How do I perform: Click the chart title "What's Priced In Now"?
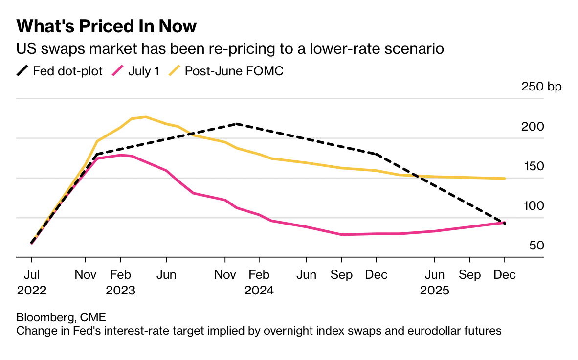click(107, 26)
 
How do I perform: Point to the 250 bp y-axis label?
click(542, 87)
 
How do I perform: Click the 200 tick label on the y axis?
click(533, 127)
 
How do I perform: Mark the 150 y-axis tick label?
click(533, 166)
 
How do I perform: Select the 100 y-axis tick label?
click(533, 206)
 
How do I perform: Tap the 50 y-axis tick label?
click(536, 246)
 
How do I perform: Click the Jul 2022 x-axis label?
click(32, 282)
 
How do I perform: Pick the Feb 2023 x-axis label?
click(120, 282)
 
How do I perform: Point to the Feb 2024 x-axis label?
click(259, 282)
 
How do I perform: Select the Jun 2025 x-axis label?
click(434, 282)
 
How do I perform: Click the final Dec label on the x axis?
click(505, 275)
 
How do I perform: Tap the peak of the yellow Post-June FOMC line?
click(145, 117)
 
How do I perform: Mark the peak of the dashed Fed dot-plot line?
click(237, 124)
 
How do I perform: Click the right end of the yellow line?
click(504, 179)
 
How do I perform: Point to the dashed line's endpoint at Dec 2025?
click(504, 223)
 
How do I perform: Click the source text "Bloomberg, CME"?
click(61, 317)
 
